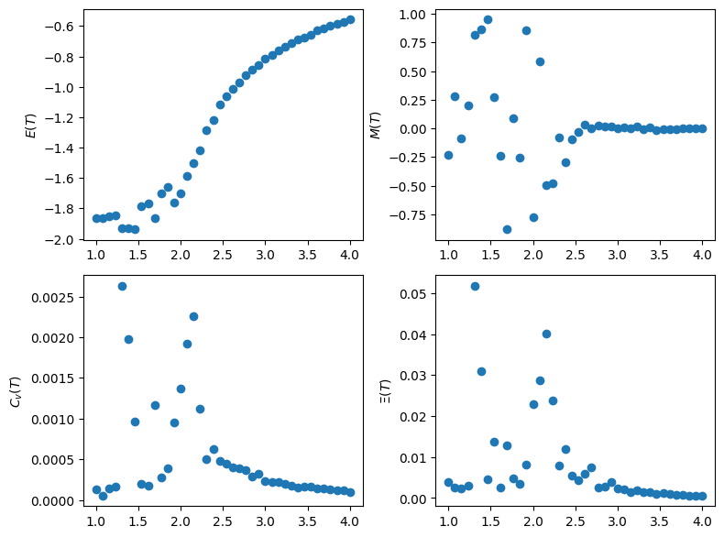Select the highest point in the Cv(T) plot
coord(122,286)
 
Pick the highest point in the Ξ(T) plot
coord(475,286)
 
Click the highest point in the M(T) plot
coord(488,19)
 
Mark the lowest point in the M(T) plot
coord(507,229)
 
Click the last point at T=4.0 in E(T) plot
coord(350,19)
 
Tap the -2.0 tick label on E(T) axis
coord(64,240)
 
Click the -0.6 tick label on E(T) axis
coord(64,27)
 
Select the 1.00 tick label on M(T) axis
coord(412,15)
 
